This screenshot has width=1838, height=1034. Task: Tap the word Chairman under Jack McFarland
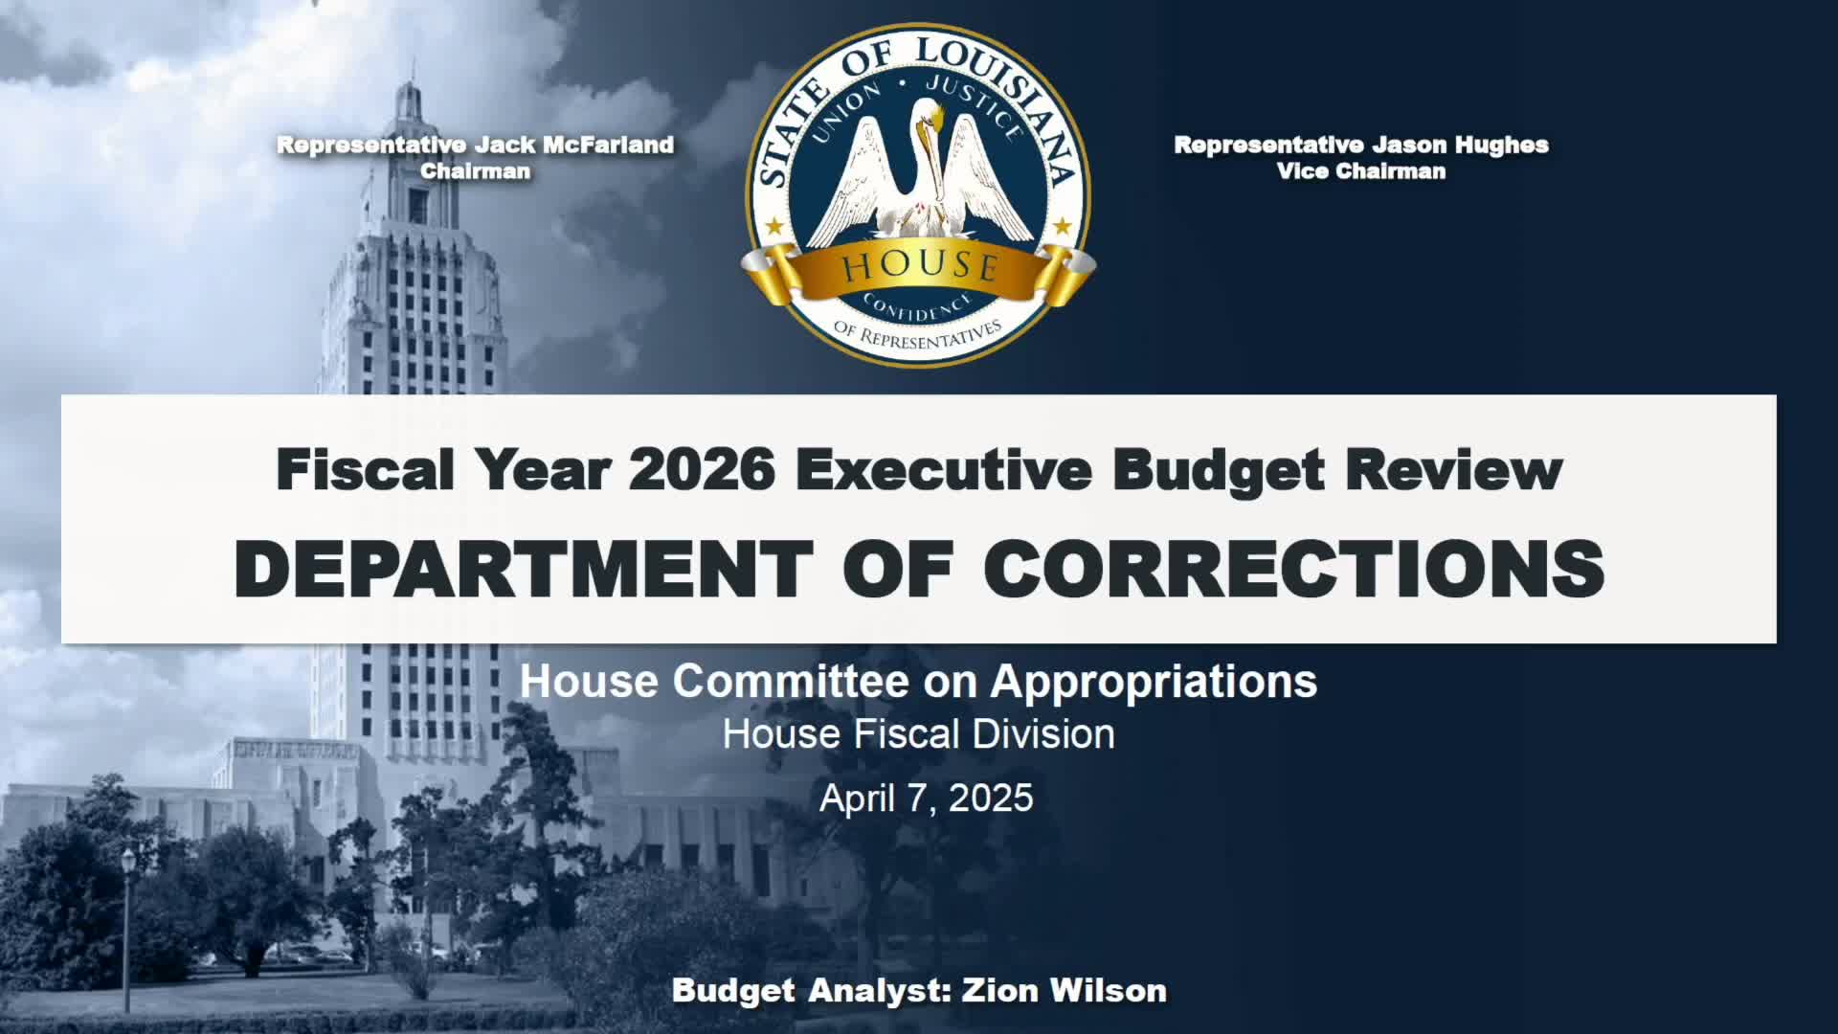point(476,171)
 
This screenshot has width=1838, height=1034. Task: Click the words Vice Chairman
point(1361,171)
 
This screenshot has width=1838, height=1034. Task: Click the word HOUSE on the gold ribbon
point(920,266)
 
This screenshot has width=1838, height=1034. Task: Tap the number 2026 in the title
point(702,469)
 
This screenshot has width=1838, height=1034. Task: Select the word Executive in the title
point(943,469)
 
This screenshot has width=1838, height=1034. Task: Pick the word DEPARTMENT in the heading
point(524,569)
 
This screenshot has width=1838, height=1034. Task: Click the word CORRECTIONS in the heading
point(1293,569)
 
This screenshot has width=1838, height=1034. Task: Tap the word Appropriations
point(1154,682)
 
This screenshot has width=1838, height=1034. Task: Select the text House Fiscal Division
point(918,734)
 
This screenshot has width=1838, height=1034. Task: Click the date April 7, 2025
point(926,798)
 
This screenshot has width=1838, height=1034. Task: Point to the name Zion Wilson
point(1064,990)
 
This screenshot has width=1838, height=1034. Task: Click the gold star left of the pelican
point(774,227)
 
